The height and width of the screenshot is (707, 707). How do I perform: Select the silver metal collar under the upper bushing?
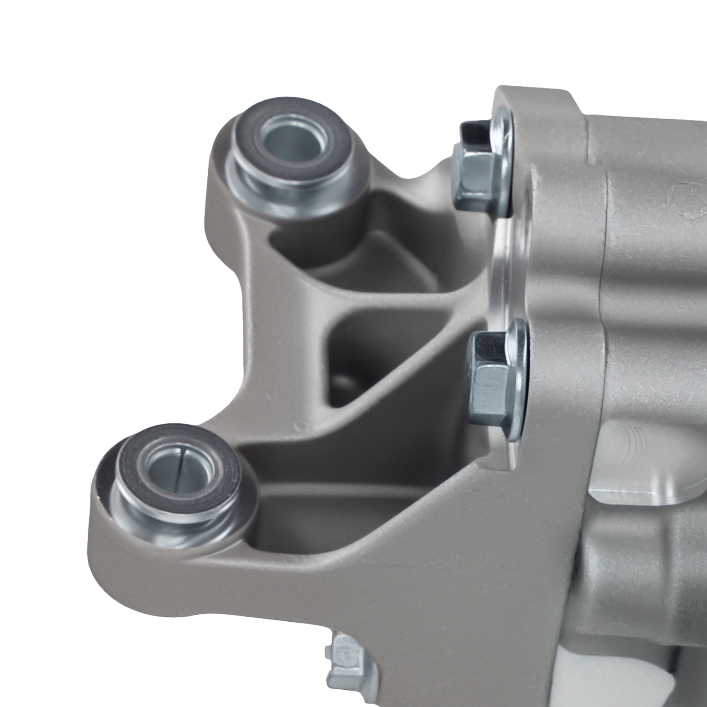(x=283, y=190)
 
